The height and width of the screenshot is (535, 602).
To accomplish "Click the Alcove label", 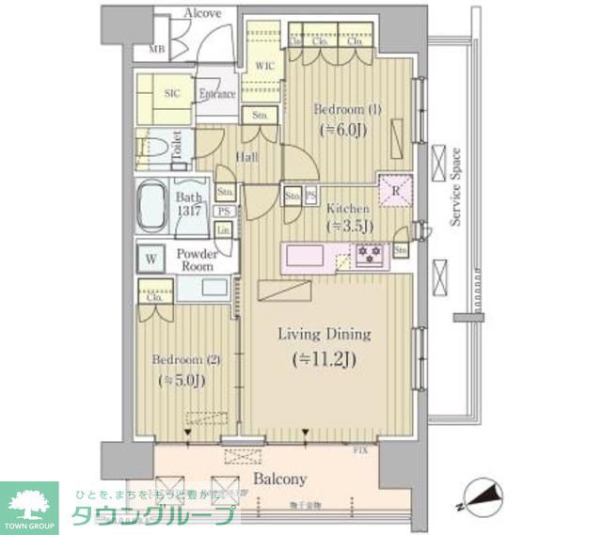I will coord(202,13).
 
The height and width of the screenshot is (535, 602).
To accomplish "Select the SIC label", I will coord(172,94).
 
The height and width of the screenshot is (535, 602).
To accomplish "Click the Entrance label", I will coord(215,94).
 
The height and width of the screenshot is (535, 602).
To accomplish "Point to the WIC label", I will coord(264,66).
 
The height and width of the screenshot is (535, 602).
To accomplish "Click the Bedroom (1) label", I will coord(347,109).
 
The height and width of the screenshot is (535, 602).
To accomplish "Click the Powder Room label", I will coord(198,260).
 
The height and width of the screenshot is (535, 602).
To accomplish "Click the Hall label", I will coord(247,158).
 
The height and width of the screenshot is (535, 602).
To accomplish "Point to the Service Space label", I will coord(455,187).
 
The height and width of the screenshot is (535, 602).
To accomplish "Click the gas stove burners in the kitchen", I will coord(368,253).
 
